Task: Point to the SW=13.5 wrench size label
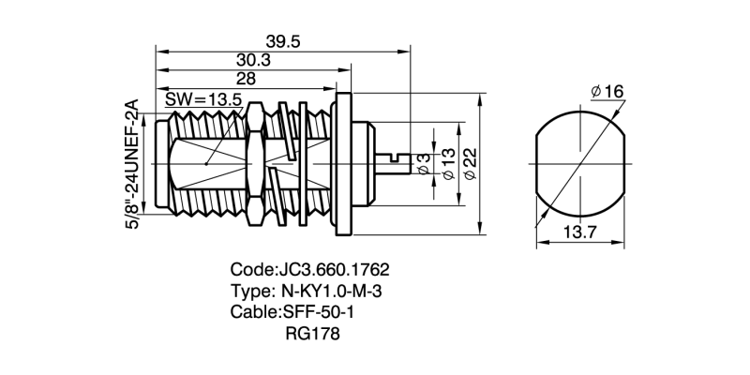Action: (x=203, y=98)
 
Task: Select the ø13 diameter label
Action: (x=447, y=165)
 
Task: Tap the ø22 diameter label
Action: (x=471, y=165)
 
